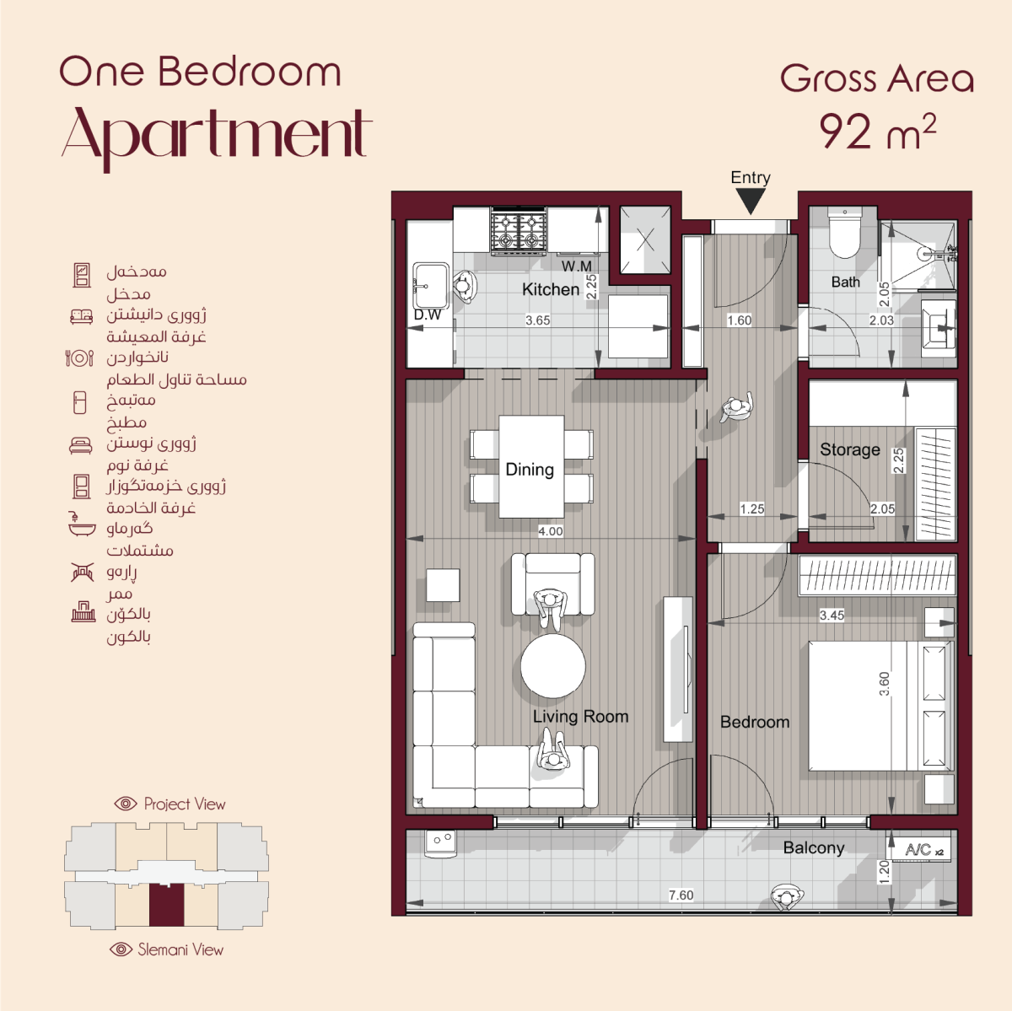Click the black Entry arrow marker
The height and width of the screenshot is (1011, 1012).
(751, 201)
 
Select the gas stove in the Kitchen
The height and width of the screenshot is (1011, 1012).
(519, 230)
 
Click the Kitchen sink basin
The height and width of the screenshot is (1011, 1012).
(431, 286)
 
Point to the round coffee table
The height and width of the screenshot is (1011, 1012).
(552, 666)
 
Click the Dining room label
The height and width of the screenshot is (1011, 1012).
(530, 470)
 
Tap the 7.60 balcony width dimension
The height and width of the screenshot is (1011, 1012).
(681, 895)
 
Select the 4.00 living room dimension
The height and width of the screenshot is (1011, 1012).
(551, 531)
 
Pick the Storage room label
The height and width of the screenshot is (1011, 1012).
(850, 449)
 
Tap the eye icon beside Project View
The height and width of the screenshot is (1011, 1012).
(126, 804)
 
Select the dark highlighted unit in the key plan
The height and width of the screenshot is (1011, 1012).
(166, 906)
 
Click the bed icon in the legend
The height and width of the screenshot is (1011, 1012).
(80, 445)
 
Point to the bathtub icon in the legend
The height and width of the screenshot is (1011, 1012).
(82, 524)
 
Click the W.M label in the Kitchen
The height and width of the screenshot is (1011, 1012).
(576, 266)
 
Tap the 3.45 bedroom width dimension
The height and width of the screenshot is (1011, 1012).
(832, 615)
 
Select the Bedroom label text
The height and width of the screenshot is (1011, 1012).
(755, 722)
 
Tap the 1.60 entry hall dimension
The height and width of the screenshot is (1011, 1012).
(739, 320)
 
